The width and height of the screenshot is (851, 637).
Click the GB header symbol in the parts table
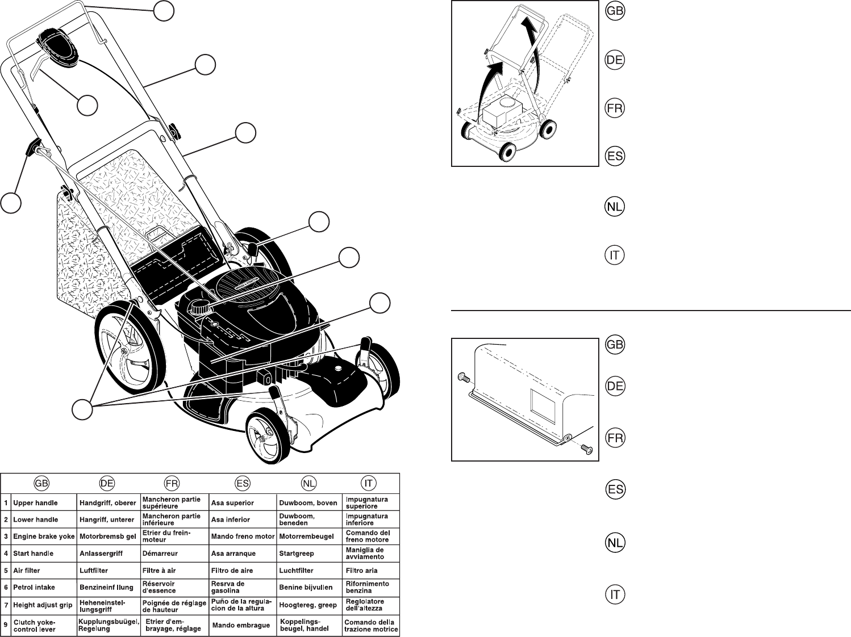click(x=41, y=484)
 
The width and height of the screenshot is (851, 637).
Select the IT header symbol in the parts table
click(x=369, y=484)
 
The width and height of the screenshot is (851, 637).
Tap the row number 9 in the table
click(x=6, y=626)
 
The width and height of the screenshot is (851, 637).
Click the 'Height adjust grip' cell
click(x=43, y=605)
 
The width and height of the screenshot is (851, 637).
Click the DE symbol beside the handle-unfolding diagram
click(x=615, y=60)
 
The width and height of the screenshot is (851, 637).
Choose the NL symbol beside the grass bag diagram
click(x=615, y=543)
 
